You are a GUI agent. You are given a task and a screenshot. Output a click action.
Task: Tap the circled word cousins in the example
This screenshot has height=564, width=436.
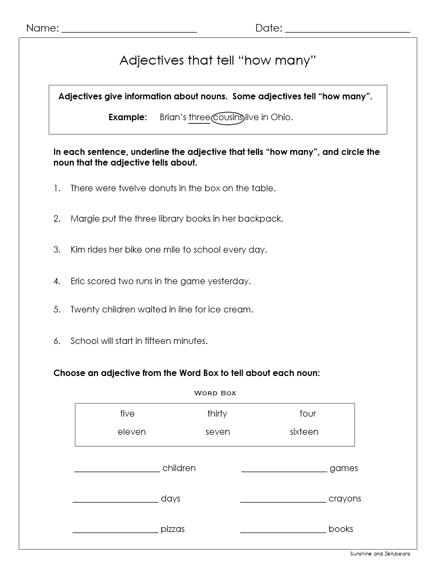(x=228, y=117)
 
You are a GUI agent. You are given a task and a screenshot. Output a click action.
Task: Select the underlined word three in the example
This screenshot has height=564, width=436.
(x=199, y=117)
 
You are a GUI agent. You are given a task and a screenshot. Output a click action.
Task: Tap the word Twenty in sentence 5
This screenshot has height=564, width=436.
(x=85, y=309)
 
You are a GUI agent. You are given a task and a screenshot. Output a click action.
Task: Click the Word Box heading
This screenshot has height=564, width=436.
(x=214, y=393)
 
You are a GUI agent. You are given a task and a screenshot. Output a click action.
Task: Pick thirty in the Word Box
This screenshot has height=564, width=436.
(x=217, y=413)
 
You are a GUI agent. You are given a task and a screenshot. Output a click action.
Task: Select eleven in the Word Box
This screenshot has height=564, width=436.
(x=131, y=432)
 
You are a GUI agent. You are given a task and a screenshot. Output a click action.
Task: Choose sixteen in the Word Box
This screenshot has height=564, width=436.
(x=304, y=432)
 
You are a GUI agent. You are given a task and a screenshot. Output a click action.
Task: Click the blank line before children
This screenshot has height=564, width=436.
(x=116, y=471)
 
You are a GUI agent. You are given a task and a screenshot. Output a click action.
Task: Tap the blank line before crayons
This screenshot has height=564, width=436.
(x=283, y=502)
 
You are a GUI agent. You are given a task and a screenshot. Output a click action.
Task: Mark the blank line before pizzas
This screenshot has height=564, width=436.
(x=115, y=532)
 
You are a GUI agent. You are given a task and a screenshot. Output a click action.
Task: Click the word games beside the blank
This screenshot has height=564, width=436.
(x=344, y=468)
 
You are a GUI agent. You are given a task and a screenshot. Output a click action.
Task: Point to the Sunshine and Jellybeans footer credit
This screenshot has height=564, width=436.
(x=380, y=554)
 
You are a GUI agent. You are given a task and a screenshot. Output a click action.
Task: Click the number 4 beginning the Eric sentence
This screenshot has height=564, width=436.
(x=56, y=281)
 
